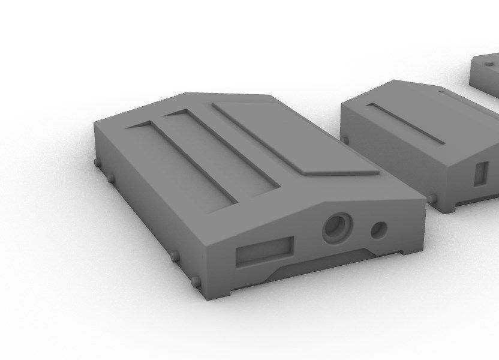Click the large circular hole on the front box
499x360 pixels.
338,227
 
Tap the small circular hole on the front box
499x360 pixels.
379,229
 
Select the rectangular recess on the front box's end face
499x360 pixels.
264,251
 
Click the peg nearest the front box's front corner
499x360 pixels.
195,280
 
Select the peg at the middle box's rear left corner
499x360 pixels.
344,140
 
